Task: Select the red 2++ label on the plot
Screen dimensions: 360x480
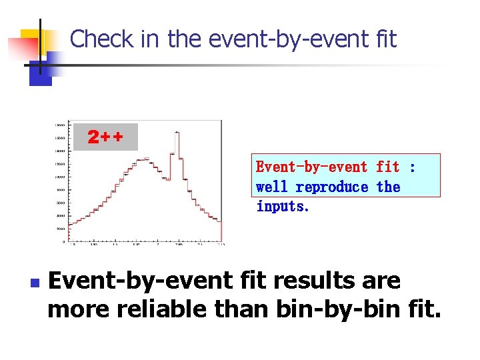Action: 105,137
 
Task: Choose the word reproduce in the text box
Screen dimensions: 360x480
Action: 332,187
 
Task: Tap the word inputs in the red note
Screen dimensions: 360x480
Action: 283,206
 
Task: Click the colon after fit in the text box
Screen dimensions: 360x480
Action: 412,167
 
